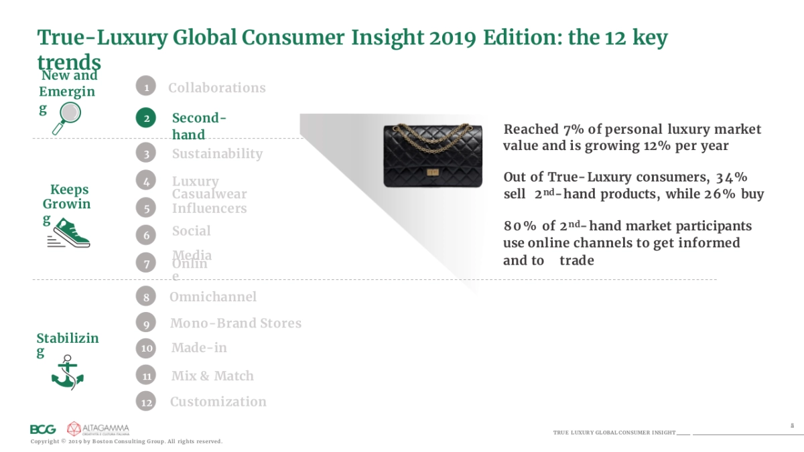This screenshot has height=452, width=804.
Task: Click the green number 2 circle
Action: tap(145, 119)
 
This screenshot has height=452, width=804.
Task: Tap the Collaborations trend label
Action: tap(216, 88)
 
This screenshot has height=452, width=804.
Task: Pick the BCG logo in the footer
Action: tap(43, 429)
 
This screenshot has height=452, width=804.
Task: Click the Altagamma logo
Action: tap(98, 429)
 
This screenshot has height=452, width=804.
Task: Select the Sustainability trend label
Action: tap(217, 153)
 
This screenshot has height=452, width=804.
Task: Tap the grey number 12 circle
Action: tap(146, 402)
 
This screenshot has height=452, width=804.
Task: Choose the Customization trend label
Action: tap(218, 402)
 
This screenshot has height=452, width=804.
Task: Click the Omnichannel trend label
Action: tap(212, 297)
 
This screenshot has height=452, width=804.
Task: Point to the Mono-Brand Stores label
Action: tap(235, 323)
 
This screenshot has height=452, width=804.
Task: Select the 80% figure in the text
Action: tap(520, 226)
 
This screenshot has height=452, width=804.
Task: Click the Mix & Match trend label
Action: tap(212, 376)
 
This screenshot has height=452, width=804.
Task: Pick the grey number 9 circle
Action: tap(145, 323)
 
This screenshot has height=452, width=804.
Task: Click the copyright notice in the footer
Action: tap(127, 442)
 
